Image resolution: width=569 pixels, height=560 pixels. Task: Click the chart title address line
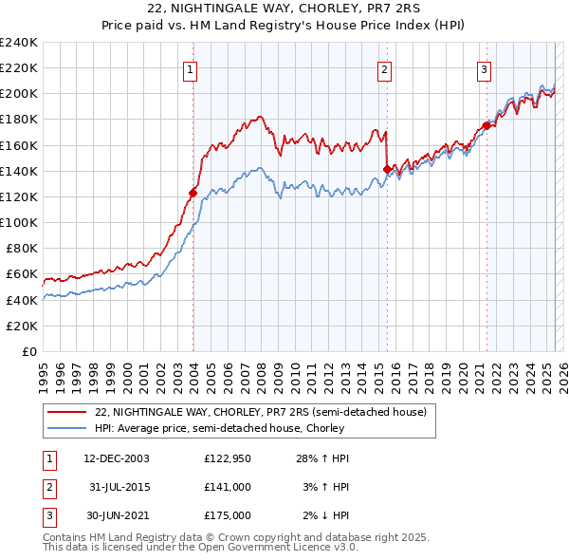point(284,9)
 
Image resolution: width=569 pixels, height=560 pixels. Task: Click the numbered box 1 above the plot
point(192,68)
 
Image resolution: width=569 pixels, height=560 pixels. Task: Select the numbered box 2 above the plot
point(385,68)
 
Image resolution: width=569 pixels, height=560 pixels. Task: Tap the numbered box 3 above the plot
point(484,68)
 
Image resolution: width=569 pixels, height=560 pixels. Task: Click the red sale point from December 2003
point(193,193)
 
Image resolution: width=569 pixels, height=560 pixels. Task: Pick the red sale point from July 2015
point(387,169)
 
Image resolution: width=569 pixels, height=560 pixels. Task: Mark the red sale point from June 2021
point(486,125)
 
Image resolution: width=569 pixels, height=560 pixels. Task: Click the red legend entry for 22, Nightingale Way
point(261,412)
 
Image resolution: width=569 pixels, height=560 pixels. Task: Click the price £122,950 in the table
point(228,458)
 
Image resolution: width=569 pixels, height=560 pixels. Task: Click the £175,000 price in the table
point(228,515)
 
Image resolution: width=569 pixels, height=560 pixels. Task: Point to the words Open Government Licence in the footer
point(260,548)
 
